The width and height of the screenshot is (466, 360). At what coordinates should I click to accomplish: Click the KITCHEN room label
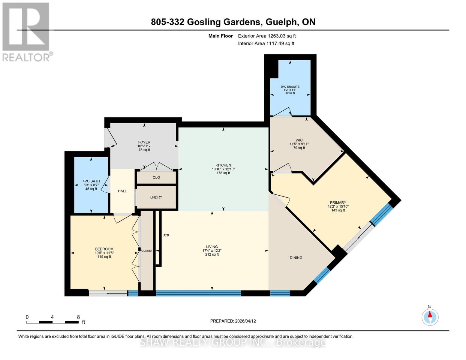pyautogui.click(x=223, y=165)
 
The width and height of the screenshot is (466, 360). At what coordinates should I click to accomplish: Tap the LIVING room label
pyautogui.click(x=212, y=247)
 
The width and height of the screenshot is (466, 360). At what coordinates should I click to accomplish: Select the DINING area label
pyautogui.click(x=296, y=258)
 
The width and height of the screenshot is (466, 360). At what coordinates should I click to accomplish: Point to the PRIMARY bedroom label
pyautogui.click(x=338, y=202)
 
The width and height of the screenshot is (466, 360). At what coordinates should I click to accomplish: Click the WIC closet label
pyautogui.click(x=299, y=140)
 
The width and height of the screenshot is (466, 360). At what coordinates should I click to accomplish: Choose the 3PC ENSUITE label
pyautogui.click(x=290, y=87)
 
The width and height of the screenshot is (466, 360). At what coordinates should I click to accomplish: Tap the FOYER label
pyautogui.click(x=144, y=142)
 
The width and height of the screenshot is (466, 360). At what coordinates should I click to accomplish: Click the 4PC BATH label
pyautogui.click(x=91, y=181)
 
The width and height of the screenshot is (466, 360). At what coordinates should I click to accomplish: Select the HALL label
pyautogui.click(x=122, y=191)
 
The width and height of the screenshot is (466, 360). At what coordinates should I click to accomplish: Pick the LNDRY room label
pyautogui.click(x=156, y=197)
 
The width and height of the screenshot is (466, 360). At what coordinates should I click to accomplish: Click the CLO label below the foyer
pyautogui.click(x=156, y=178)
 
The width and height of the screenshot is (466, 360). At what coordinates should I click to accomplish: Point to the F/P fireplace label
pyautogui.click(x=166, y=235)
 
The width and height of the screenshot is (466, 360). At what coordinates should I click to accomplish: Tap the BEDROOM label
pyautogui.click(x=104, y=249)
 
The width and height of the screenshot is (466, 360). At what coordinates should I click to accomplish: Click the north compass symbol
pyautogui.click(x=430, y=317)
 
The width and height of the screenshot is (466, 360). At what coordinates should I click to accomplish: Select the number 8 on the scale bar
pyautogui.click(x=78, y=317)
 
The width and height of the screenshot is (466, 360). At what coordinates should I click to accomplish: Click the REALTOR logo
pyautogui.click(x=26, y=31)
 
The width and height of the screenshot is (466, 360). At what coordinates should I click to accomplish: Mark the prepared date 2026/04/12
pyautogui.click(x=245, y=321)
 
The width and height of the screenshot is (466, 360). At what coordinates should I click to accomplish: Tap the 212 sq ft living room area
pyautogui.click(x=212, y=254)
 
